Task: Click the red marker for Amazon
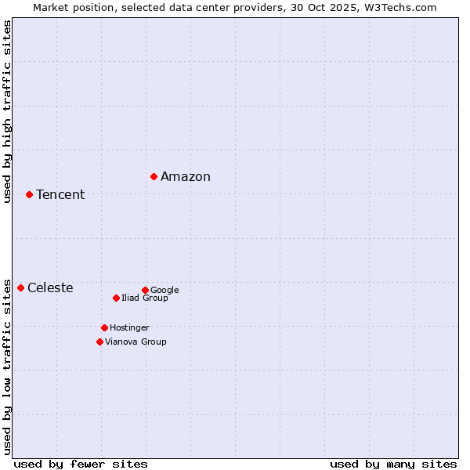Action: (x=154, y=176)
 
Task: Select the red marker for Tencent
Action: (x=29, y=194)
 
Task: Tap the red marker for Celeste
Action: (x=20, y=287)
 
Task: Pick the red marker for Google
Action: (x=145, y=290)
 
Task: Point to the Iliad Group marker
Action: (x=116, y=298)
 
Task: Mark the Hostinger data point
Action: (x=104, y=327)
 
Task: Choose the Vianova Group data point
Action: (x=99, y=342)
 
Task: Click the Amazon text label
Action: (x=186, y=177)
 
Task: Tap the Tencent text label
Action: (x=60, y=195)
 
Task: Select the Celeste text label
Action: (x=50, y=288)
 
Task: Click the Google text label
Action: (x=164, y=290)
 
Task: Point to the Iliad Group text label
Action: (x=145, y=298)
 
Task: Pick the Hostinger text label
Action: (x=129, y=327)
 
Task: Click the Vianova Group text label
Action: (x=136, y=342)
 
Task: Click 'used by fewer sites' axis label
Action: (x=81, y=464)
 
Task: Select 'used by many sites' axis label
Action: (x=393, y=464)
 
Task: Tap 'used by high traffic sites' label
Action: (x=8, y=111)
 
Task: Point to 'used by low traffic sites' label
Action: (x=8, y=366)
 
